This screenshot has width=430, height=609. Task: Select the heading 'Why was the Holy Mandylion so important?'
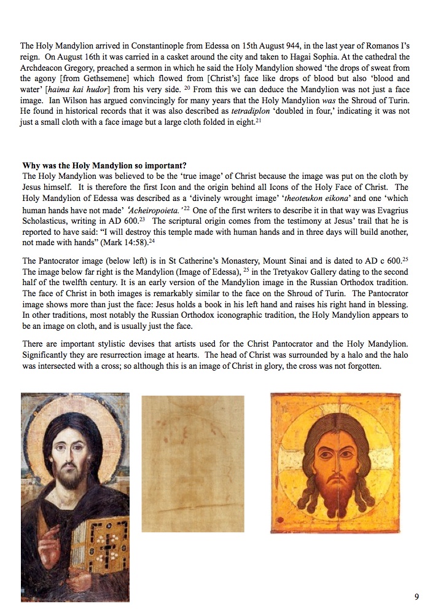point(105,165)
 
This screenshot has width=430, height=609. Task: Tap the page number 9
point(416,597)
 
